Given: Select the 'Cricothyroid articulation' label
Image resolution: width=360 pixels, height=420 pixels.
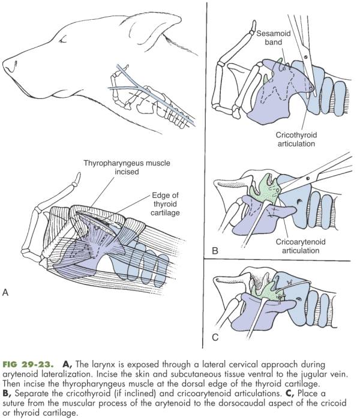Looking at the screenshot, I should tap(284, 140).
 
